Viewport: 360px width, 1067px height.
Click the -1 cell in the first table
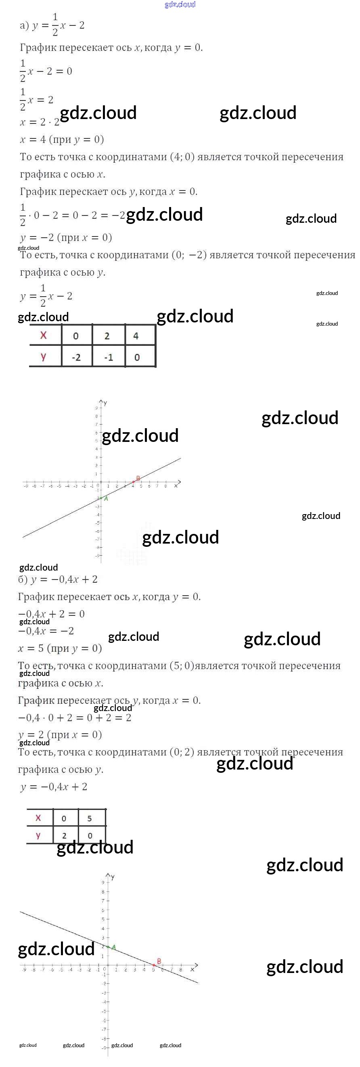[109, 357]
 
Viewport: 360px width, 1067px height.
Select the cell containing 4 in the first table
[136, 336]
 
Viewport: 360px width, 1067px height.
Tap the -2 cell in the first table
[76, 357]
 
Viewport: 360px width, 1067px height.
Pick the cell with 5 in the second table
[90, 818]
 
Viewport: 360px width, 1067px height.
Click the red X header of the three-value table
[44, 335]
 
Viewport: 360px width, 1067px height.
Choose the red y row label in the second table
[38, 835]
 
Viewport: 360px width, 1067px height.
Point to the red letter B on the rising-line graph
[138, 478]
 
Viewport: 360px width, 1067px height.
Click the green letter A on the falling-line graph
[113, 947]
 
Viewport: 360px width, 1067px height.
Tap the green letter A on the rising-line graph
[106, 499]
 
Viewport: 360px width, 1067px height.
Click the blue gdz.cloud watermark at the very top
[180, 4]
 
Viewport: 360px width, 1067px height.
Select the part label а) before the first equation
[24, 25]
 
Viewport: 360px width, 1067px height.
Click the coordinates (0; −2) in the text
[189, 255]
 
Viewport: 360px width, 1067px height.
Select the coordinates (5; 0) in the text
[182, 665]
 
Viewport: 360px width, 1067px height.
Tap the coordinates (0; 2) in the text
[182, 752]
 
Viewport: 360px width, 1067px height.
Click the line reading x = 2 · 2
[40, 122]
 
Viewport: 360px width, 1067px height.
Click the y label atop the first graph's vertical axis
[105, 403]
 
